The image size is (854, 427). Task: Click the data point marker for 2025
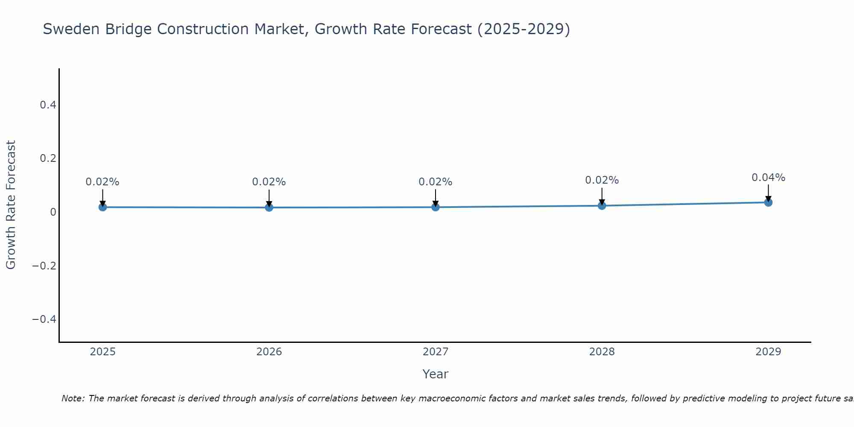[x=102, y=207]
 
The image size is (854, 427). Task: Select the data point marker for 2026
[x=269, y=208]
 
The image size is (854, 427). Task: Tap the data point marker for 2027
[x=435, y=207]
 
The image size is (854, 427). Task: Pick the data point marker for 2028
[x=602, y=206]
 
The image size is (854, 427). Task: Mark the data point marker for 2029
[x=768, y=202]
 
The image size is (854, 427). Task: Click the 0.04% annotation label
[x=768, y=178]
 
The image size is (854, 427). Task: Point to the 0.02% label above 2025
[x=102, y=182]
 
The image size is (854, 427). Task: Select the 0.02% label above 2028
[x=602, y=180]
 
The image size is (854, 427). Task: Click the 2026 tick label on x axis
[x=269, y=352]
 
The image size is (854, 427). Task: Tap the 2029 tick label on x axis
[x=768, y=352]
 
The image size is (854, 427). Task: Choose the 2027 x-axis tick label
[x=435, y=352]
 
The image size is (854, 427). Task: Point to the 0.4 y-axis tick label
[x=48, y=105]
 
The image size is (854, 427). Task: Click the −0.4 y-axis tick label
[x=44, y=319]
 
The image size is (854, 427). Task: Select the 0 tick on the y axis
[x=53, y=212]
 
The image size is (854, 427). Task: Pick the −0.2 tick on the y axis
[x=44, y=266]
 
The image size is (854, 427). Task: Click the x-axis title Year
[x=435, y=374]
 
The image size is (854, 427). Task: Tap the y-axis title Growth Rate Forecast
[x=11, y=205]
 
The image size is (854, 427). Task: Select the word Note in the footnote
[x=73, y=398]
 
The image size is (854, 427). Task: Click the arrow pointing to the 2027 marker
[x=435, y=197]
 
